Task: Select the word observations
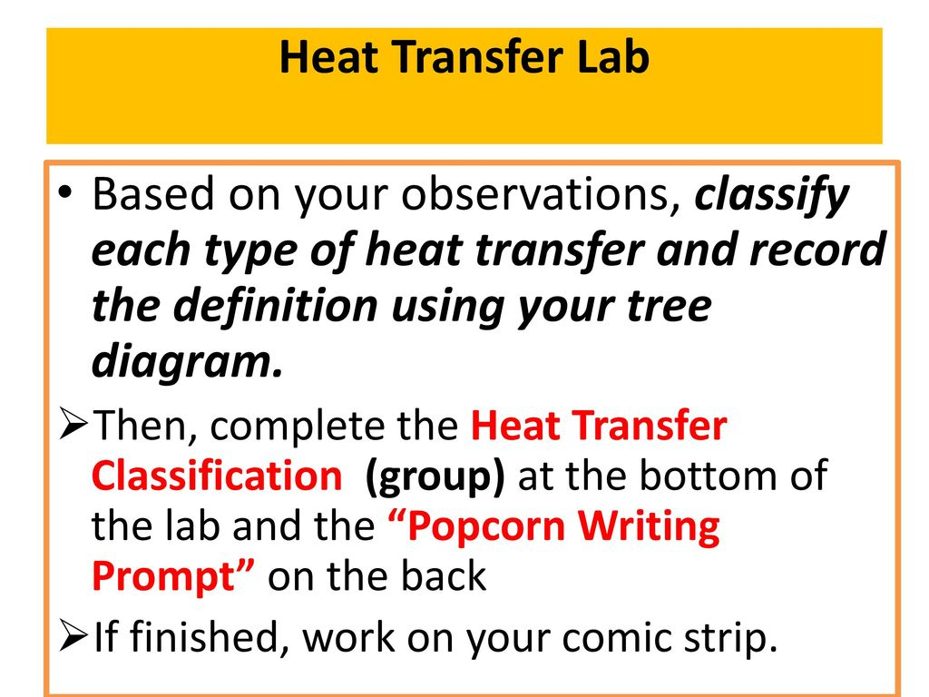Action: coord(541,194)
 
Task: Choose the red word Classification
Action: coord(217,476)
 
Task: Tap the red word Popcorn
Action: coord(486,527)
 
